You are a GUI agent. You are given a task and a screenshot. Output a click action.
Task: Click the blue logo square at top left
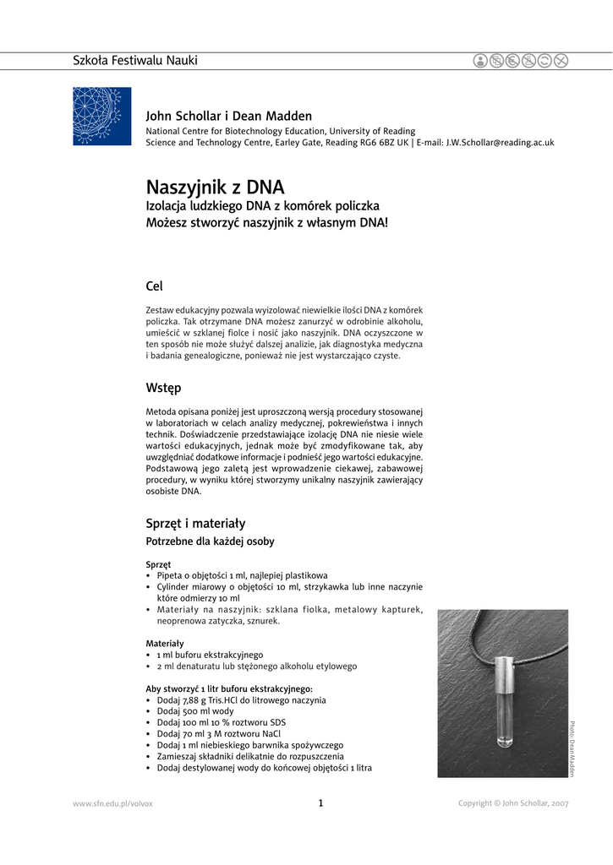pos(102,116)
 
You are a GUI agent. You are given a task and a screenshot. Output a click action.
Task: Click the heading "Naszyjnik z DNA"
pos(215,187)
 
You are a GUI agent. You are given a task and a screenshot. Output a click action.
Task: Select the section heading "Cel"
pos(155,286)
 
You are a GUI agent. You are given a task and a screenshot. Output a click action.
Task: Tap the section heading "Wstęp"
pos(163,388)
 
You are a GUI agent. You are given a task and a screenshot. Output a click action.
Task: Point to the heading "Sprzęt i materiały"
pos(195,523)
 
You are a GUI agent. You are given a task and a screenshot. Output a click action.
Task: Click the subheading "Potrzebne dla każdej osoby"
pos(210,541)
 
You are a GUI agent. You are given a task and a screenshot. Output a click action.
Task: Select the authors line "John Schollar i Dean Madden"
pos(229,116)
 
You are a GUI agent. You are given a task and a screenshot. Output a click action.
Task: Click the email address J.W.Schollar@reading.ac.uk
pos(500,143)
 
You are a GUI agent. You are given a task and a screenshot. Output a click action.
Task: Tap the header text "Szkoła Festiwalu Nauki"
pos(135,60)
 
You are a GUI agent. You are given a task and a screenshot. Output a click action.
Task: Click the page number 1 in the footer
pos(320,802)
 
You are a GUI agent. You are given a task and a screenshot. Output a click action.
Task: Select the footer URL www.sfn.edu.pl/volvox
pos(113,803)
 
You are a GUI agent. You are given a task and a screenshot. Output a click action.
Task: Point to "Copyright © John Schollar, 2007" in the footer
pos(513,803)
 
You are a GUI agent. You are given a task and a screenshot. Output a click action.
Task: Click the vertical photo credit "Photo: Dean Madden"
pos(572,748)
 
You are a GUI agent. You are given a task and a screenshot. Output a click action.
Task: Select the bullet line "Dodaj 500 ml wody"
pos(194,711)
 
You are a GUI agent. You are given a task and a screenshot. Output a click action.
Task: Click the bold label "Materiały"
pos(164,643)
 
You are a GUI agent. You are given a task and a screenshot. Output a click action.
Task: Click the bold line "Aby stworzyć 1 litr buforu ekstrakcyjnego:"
pos(229,688)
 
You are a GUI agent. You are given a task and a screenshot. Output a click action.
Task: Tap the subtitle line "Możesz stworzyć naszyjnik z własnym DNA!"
pos(266,222)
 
